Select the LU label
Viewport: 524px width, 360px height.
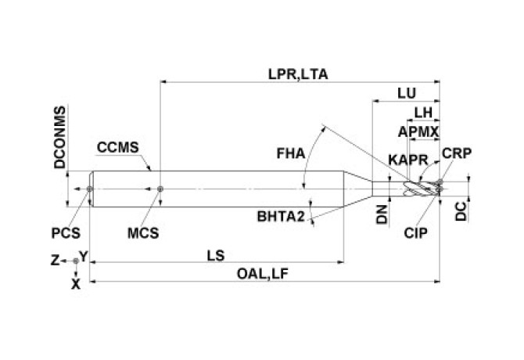pyautogui.click(x=406, y=93)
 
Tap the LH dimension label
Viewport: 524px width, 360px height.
pyautogui.click(x=423, y=111)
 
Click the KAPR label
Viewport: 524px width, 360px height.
pyautogui.click(x=407, y=160)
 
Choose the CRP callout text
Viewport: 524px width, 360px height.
pyautogui.click(x=456, y=153)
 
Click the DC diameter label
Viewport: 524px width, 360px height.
pyautogui.click(x=461, y=209)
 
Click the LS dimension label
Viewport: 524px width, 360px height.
pyautogui.click(x=216, y=255)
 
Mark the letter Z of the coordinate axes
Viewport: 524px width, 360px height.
pyautogui.click(x=55, y=259)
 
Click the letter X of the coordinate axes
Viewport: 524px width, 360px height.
pyautogui.click(x=76, y=284)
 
